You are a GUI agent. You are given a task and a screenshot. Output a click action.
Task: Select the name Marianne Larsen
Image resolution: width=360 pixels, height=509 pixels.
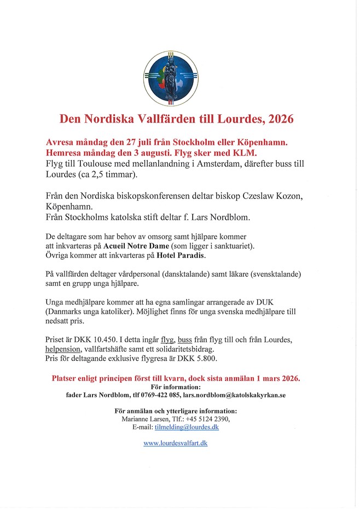click(x=143, y=419)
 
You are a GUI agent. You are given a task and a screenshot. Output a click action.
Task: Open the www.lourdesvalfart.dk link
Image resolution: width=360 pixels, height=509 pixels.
click(x=176, y=443)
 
